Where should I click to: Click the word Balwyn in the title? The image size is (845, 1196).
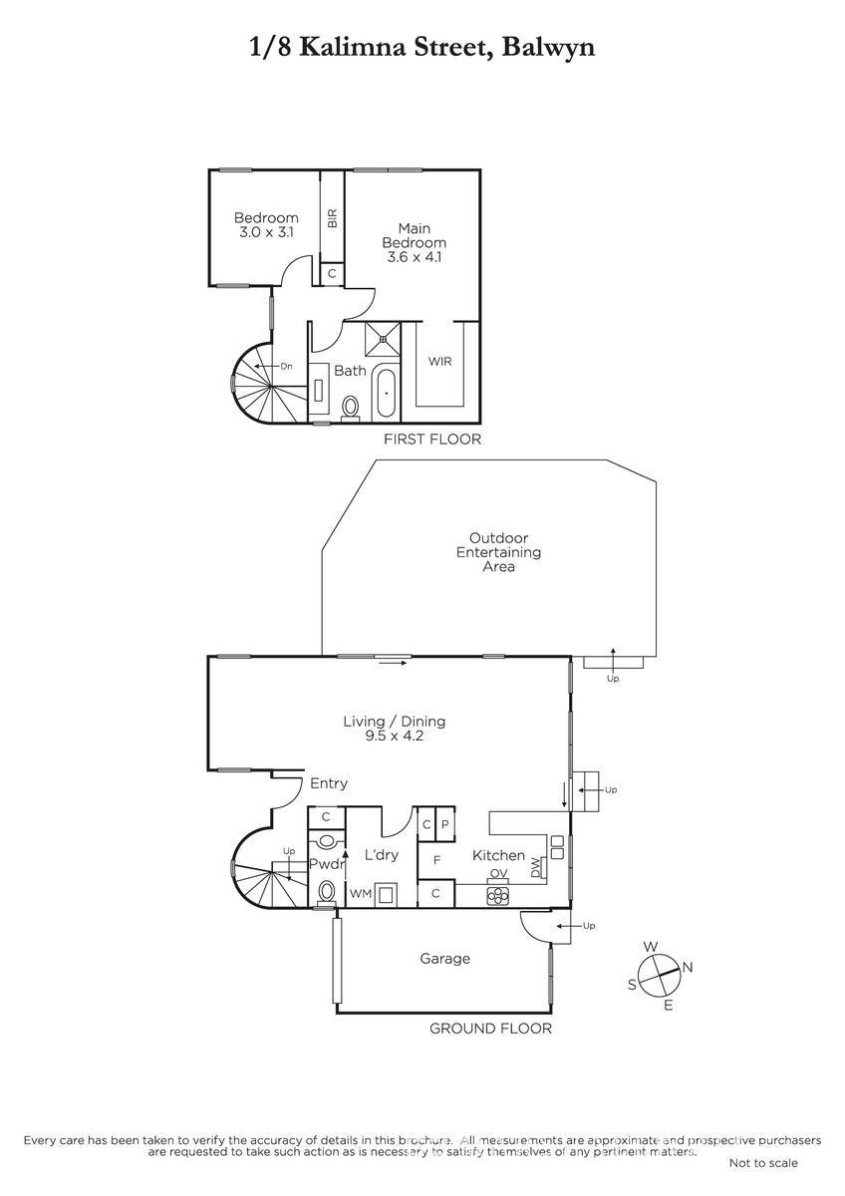pyautogui.click(x=548, y=48)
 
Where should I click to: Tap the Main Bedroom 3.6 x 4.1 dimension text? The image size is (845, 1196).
pyautogui.click(x=415, y=257)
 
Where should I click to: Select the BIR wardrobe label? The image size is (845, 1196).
pyautogui.click(x=332, y=218)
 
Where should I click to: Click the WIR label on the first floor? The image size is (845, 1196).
pyautogui.click(x=439, y=362)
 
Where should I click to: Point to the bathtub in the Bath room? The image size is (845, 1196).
pyautogui.click(x=386, y=394)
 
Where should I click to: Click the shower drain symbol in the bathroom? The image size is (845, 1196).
pyautogui.click(x=383, y=339)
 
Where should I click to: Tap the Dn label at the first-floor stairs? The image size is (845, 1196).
pyautogui.click(x=287, y=367)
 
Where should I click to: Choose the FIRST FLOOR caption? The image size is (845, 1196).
pyautogui.click(x=432, y=439)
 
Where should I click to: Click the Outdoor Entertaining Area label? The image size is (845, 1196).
pyautogui.click(x=498, y=552)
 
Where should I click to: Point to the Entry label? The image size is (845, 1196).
pyautogui.click(x=329, y=783)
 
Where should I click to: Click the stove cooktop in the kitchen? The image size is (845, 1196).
pyautogui.click(x=498, y=895)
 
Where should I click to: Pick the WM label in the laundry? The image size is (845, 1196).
pyautogui.click(x=361, y=894)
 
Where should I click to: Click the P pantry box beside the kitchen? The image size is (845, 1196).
pyautogui.click(x=445, y=824)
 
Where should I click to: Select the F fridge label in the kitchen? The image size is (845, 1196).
pyautogui.click(x=436, y=860)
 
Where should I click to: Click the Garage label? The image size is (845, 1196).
pyautogui.click(x=445, y=959)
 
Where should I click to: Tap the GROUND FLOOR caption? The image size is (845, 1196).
pyautogui.click(x=490, y=1029)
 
